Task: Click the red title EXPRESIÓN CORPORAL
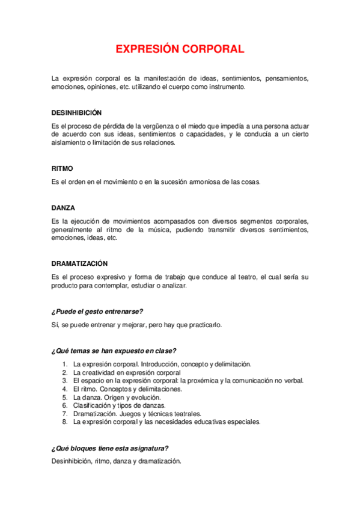[x=180, y=49]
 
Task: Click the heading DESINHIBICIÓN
[x=76, y=112]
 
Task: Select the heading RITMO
[x=62, y=169]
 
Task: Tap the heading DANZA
[x=63, y=207]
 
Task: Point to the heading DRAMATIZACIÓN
[x=79, y=263]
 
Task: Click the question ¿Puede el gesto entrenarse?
[x=97, y=311]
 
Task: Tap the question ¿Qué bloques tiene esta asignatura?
[x=110, y=448]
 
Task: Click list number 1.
[x=64, y=364]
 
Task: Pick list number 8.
[x=64, y=422]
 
